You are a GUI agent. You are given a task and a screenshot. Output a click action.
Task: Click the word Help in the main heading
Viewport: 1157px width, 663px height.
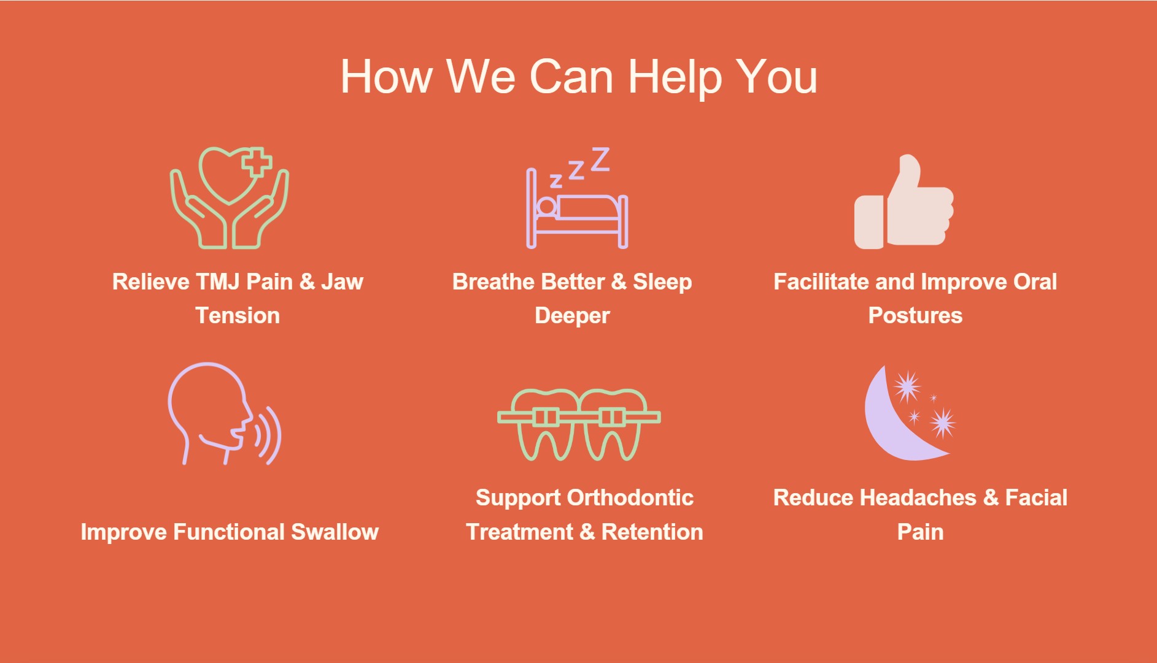point(675,78)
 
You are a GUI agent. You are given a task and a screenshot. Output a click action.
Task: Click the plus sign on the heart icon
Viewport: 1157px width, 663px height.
point(257,162)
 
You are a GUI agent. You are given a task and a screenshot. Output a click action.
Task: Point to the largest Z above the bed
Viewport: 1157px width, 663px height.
point(600,159)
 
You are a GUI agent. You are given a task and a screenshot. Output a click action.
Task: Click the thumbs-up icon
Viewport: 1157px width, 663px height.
point(904,202)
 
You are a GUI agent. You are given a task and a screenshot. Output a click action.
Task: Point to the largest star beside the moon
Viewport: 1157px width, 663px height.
point(907,386)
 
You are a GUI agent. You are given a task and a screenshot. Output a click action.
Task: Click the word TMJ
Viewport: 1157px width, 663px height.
point(218,282)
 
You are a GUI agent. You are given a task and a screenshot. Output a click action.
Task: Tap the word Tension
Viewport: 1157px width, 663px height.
point(238,316)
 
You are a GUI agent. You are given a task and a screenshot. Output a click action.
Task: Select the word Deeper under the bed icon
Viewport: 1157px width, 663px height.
point(572,316)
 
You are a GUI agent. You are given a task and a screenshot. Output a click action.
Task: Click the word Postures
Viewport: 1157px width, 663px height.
point(915,316)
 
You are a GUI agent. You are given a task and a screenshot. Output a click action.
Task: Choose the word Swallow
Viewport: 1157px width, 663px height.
point(335,532)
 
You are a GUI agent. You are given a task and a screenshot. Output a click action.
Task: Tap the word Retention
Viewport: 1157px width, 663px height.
point(652,532)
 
